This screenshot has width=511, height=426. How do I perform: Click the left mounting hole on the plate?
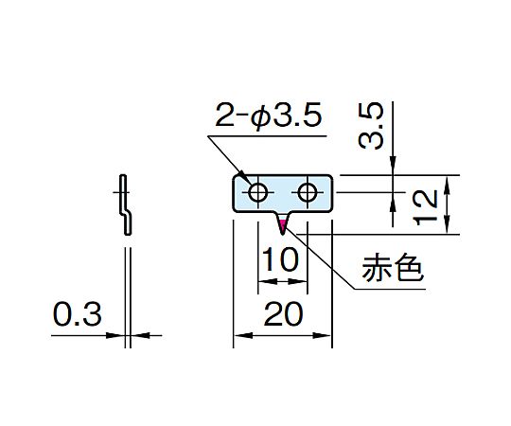(x=257, y=192)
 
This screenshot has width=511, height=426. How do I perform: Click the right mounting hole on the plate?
(x=308, y=192)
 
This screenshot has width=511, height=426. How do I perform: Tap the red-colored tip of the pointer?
(x=282, y=224)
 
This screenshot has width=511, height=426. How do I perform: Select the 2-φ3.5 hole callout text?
(x=268, y=115)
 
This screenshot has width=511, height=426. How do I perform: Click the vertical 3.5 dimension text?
(x=371, y=126)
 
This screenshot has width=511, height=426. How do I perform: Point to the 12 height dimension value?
(x=426, y=207)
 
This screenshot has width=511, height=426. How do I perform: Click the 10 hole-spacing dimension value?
(x=280, y=259)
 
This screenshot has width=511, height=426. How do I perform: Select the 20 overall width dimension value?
(x=284, y=313)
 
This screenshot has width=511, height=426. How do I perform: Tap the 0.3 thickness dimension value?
(x=78, y=314)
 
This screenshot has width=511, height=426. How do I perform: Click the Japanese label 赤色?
(x=393, y=268)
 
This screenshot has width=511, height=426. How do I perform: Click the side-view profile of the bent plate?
(x=126, y=204)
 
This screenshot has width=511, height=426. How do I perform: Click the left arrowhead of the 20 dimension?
(x=243, y=335)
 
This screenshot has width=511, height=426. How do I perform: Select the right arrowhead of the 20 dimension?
(x=322, y=335)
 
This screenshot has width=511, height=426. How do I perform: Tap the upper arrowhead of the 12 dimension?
(x=448, y=186)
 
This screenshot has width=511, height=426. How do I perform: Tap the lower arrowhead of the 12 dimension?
(x=448, y=224)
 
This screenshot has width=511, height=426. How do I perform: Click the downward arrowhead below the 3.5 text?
(x=393, y=166)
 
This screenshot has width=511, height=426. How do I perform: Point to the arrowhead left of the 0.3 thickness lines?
(x=115, y=335)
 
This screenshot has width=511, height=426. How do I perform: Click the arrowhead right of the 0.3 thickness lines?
(x=140, y=335)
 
